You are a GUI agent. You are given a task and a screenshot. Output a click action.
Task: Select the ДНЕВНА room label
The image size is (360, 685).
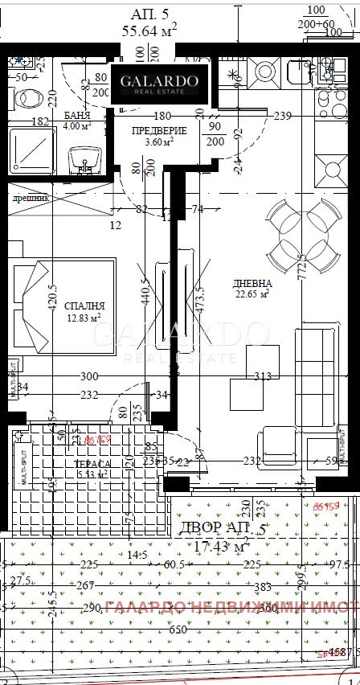tap(252, 284)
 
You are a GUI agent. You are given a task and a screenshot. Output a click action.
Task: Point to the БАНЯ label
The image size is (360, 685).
tap(77, 116)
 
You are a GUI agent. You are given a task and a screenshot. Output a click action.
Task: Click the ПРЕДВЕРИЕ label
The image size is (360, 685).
tap(159, 131)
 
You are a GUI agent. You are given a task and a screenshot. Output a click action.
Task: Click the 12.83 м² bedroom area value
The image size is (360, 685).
tap(84, 318)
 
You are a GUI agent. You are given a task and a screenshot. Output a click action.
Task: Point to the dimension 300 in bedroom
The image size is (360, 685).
tap(88, 376)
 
